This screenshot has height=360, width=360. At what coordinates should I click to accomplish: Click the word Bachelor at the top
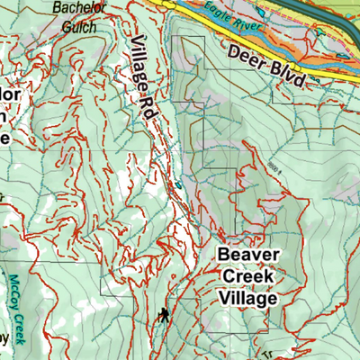tap(75, 8)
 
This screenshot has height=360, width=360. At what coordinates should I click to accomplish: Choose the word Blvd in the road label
tap(285, 73)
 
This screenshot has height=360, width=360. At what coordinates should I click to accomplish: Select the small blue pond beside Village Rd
tap(178, 184)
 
